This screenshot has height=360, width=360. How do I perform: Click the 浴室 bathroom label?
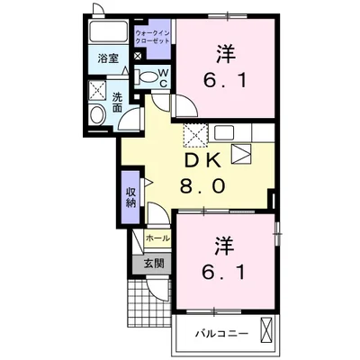[x=106, y=62]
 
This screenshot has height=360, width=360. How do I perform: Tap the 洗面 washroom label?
[x=117, y=102]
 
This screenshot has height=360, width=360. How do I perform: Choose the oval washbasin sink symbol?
[x=97, y=115]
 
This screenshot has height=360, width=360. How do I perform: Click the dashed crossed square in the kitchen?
[x=195, y=134]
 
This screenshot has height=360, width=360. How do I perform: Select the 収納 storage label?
[x=131, y=196]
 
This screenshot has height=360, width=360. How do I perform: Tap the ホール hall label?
[x=157, y=238]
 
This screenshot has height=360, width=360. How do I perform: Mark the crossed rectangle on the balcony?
[x=266, y=330]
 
